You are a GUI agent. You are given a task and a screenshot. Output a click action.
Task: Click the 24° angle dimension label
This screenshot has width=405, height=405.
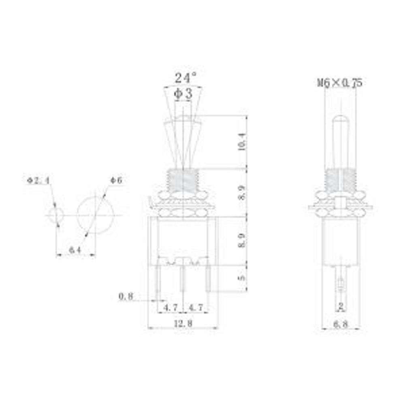pyautogui.click(x=185, y=78)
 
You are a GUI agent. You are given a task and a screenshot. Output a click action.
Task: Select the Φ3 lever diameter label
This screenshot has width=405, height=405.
pyautogui.click(x=183, y=94)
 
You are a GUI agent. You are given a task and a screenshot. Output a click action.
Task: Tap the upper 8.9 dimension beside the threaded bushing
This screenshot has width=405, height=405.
pyautogui.click(x=242, y=192)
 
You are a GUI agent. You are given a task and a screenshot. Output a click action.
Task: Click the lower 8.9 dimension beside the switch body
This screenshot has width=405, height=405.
pyautogui.click(x=242, y=240)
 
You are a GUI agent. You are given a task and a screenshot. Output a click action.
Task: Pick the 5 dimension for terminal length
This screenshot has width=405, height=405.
pyautogui.click(x=242, y=278)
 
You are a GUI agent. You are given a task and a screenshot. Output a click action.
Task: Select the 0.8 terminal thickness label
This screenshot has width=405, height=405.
pyautogui.click(x=126, y=296)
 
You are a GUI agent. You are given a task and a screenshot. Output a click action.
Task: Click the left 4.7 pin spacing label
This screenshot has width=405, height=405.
pyautogui.click(x=170, y=308)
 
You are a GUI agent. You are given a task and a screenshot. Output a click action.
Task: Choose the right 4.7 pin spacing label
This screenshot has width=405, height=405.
pyautogui.click(x=196, y=308)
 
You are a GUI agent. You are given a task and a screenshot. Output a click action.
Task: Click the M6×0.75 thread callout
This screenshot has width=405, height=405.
pyautogui.click(x=339, y=83)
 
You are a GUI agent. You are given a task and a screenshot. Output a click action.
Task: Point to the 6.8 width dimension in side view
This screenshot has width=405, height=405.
pyautogui.click(x=340, y=324)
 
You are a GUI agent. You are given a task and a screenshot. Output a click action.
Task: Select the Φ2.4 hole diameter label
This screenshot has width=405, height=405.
pyautogui.click(x=38, y=181)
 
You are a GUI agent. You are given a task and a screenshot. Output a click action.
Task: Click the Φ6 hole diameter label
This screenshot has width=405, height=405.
pyautogui.click(x=115, y=181)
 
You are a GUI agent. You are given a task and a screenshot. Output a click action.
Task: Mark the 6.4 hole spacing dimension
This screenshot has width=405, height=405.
pyautogui.click(x=75, y=250)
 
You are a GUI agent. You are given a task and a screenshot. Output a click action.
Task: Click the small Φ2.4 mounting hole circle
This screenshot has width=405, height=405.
pyautogui.click(x=56, y=215)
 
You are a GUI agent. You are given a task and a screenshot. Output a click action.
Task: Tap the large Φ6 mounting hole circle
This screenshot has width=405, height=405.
pyautogui.click(x=95, y=215)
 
